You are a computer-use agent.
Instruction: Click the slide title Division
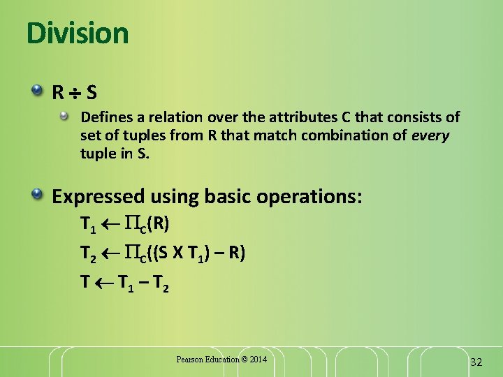(78, 34)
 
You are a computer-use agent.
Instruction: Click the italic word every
(430, 135)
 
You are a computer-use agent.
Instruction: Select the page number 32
(476, 362)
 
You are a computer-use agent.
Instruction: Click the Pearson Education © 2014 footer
(221, 360)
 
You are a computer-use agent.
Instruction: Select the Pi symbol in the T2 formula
(131, 253)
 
